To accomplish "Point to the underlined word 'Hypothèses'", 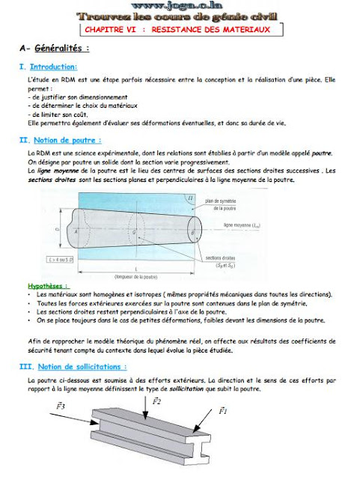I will (48, 286).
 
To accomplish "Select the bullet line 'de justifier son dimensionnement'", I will (76, 97).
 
